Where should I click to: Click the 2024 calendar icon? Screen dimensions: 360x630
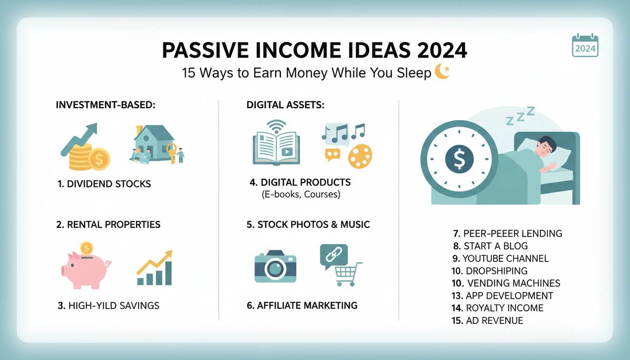coord(585,45)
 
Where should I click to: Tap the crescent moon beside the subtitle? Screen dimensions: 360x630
coord(442,72)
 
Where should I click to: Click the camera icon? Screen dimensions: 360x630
coord(275,267)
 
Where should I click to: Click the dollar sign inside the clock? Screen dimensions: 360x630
coord(459,159)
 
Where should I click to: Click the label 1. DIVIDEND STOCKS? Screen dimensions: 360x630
coord(104,184)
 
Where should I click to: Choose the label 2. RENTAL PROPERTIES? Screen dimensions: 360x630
coord(108,225)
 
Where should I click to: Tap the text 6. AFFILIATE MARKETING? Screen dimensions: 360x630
coord(302,306)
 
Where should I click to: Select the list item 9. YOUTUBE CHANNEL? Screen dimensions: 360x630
coord(500,258)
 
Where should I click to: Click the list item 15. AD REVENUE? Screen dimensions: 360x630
coord(487,321)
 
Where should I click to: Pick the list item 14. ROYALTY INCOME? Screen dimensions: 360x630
coord(498,308)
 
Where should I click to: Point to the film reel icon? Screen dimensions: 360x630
coord(360,156)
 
